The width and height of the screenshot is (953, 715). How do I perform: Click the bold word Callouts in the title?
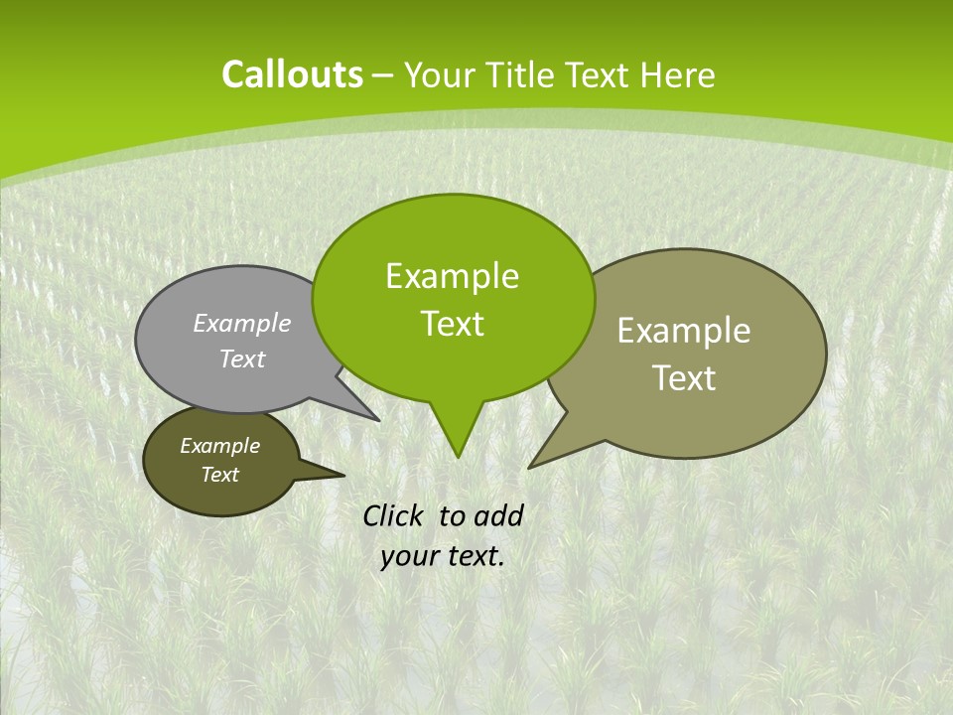tap(292, 74)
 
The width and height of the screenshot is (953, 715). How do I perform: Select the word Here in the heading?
tap(678, 74)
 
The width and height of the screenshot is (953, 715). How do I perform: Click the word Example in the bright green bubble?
tap(452, 276)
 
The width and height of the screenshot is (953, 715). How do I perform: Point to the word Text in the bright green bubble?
tap(452, 324)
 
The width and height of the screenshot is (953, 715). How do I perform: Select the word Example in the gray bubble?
tap(242, 323)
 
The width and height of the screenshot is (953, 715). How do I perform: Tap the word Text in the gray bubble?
tap(242, 358)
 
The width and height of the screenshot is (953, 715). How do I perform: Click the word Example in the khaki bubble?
tap(684, 331)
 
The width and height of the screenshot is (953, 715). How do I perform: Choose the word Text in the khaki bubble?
tap(684, 378)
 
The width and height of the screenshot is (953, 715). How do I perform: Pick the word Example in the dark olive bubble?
tap(219, 446)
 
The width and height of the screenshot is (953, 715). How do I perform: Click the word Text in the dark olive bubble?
tap(219, 475)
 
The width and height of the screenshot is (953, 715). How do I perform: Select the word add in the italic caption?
tap(498, 515)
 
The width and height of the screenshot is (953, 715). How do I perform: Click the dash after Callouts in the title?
tap(383, 75)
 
